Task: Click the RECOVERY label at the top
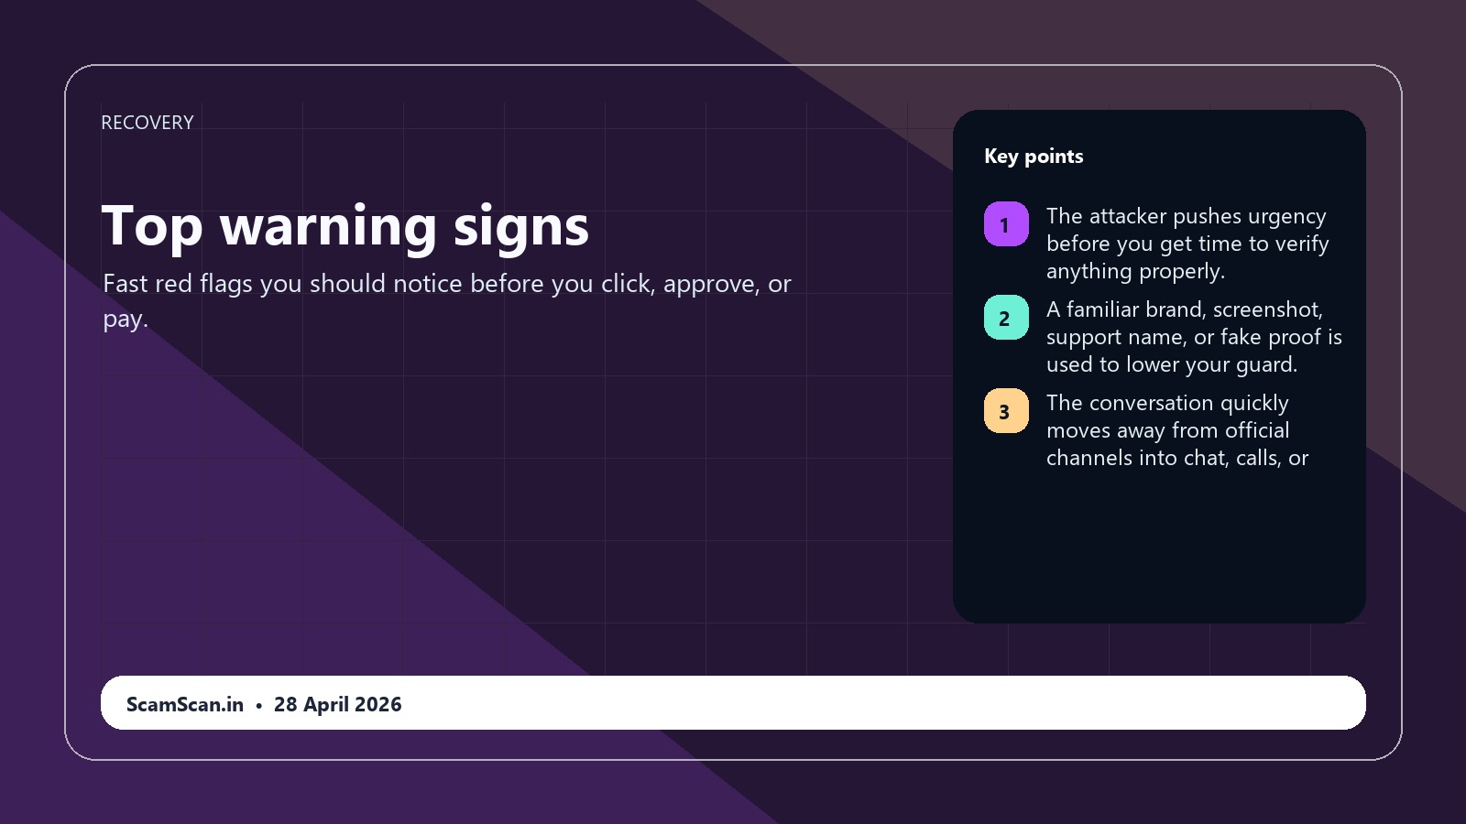click(148, 123)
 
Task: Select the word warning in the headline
click(328, 226)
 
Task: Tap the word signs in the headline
click(521, 226)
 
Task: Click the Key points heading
click(1034, 157)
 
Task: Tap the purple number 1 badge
click(1006, 224)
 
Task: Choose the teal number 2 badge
click(1006, 318)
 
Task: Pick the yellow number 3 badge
click(1006, 411)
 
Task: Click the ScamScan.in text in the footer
click(184, 704)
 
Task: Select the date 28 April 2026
click(338, 704)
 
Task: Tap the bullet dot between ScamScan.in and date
click(259, 706)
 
